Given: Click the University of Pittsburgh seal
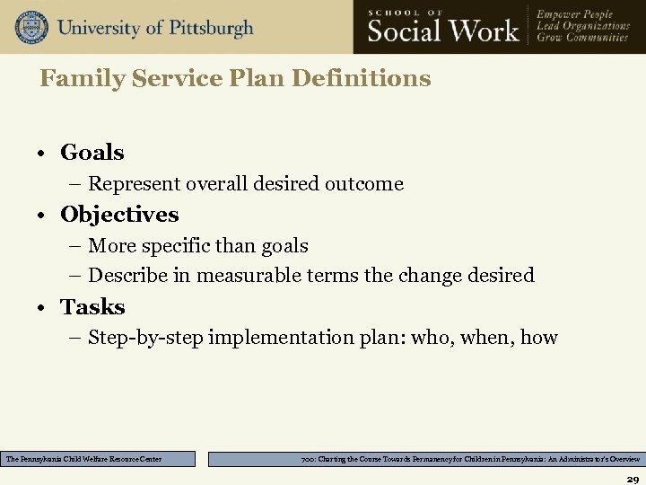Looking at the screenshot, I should (31, 27).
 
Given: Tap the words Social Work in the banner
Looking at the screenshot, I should (443, 31).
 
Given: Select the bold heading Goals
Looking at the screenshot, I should (92, 153).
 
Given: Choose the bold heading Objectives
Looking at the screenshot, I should (119, 215).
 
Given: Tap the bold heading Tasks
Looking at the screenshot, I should (92, 307).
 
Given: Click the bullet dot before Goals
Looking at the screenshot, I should (43, 154).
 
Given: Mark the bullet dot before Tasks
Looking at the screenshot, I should (43, 308).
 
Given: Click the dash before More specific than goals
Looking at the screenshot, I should (75, 245).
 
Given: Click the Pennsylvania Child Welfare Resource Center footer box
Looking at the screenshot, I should (98, 459).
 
